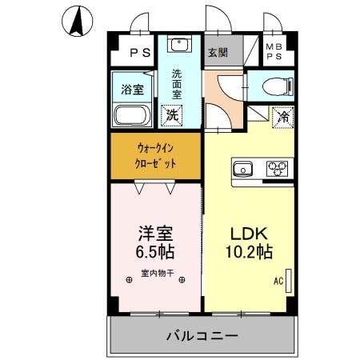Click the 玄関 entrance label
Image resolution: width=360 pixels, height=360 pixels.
point(218,54)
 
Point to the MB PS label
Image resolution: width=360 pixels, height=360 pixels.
point(274,53)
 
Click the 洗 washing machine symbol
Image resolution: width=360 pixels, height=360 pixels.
point(171,115)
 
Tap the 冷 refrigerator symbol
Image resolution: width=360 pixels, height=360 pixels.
point(282,116)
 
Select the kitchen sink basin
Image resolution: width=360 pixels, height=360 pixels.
point(242,169)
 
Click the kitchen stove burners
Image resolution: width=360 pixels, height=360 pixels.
point(278,169)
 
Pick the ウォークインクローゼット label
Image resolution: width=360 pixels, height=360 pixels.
point(155,156)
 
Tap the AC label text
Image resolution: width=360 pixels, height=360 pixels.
point(278,282)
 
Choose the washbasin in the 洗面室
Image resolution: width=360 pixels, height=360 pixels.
point(178,45)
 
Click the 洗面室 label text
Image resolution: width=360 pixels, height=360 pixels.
point(177,84)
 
